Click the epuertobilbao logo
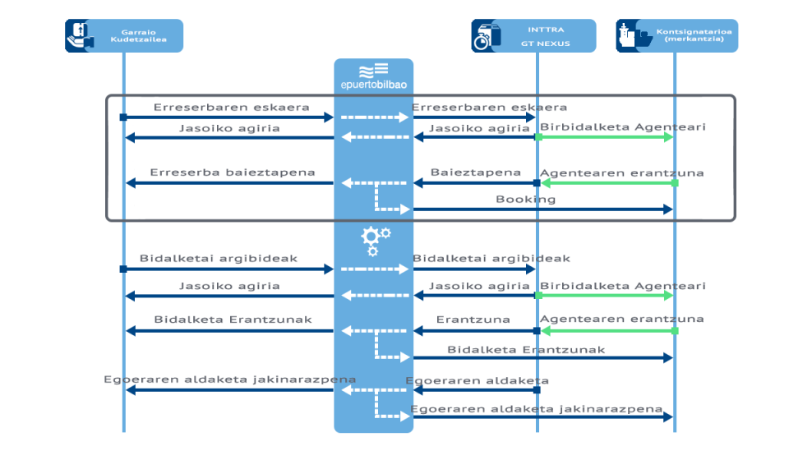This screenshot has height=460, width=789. (373, 76)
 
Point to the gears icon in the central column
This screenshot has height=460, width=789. (375, 240)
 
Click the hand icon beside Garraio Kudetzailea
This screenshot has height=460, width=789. (80, 36)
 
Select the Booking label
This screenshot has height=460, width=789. (525, 200)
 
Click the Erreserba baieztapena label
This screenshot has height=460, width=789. (232, 172)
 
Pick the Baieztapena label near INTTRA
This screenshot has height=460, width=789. (476, 172)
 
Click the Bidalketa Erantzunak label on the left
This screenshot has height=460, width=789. (233, 320)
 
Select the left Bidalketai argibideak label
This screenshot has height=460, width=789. (219, 258)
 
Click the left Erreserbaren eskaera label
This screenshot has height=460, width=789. (231, 108)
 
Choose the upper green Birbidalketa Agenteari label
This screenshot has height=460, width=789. (622, 127)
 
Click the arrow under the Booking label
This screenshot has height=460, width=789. (542, 209)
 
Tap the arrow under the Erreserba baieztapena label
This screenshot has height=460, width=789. (230, 183)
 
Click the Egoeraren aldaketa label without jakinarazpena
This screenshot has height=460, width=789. (477, 381)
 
